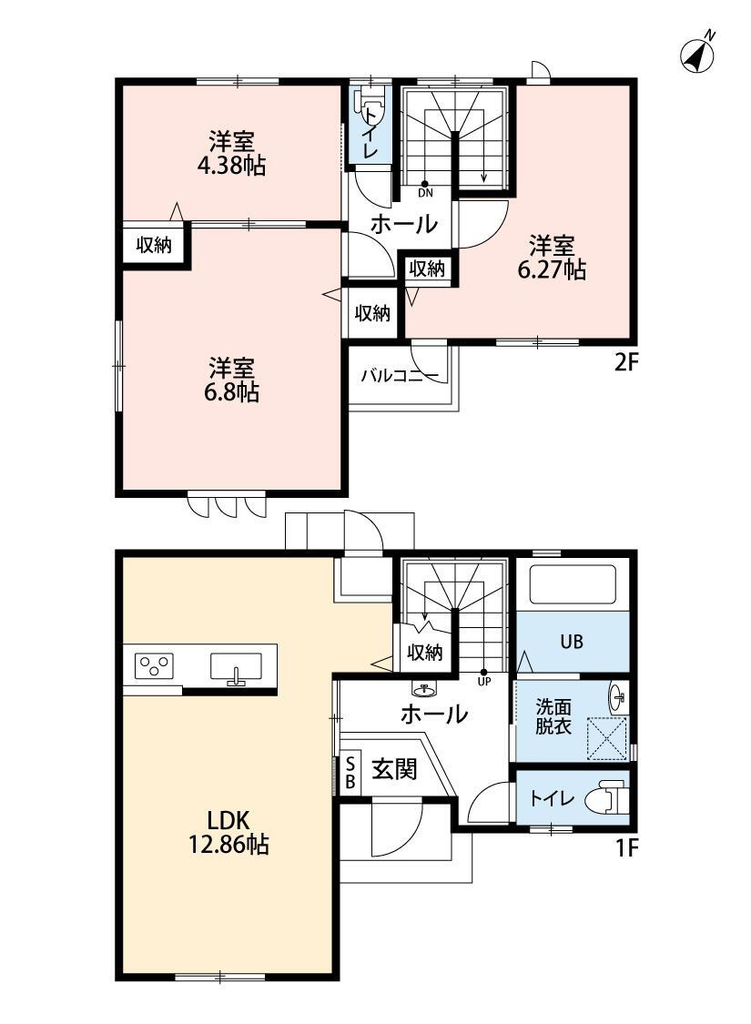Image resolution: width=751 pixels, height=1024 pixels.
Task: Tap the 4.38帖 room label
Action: tap(231, 153)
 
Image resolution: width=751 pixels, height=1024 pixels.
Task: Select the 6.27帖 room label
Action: tap(551, 258)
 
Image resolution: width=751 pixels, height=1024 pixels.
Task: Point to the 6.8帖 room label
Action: tap(232, 380)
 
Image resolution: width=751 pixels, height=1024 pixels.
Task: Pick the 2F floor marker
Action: tap(625, 362)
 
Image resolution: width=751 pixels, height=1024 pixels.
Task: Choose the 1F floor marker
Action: tap(626, 848)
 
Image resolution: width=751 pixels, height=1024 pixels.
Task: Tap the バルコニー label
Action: tap(400, 376)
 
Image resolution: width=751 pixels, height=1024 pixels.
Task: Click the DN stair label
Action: tap(425, 193)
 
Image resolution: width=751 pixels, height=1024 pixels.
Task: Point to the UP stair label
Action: tap(484, 682)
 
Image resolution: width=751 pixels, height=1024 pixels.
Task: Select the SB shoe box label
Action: tap(350, 772)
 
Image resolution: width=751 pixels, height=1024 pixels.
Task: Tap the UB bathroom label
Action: tap(572, 642)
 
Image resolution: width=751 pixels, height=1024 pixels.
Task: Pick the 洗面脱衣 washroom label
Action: tap(553, 716)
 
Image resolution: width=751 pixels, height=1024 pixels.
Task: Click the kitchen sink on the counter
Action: tap(236, 667)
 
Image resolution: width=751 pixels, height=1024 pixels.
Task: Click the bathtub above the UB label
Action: tap(573, 584)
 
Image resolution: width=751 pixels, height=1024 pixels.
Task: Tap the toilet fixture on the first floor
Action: tap(607, 798)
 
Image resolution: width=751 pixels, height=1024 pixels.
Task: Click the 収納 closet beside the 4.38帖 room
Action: tap(154, 246)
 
